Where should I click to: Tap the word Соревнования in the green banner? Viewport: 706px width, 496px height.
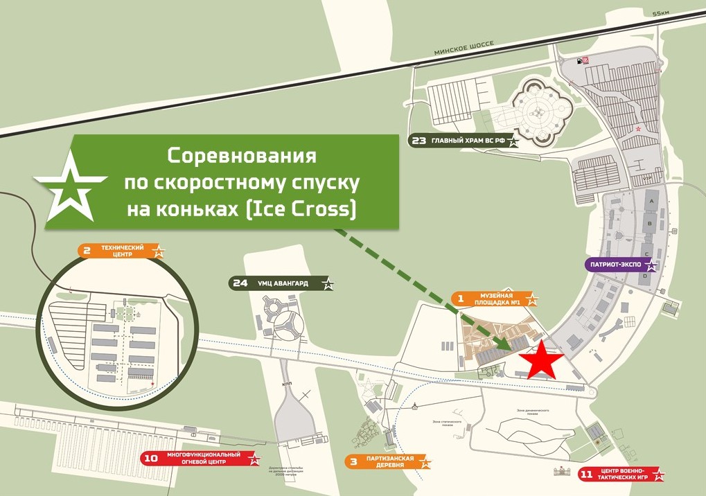pyautogui.click(x=242, y=155)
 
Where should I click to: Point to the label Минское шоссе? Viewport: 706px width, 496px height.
pyautogui.click(x=464, y=46)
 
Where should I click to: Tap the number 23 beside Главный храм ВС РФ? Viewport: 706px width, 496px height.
pyautogui.click(x=418, y=141)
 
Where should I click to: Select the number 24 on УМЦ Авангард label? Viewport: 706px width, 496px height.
pyautogui.click(x=240, y=283)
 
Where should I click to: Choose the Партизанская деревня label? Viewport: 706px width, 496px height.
pyautogui.click(x=388, y=462)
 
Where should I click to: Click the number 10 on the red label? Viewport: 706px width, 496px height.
pyautogui.click(x=151, y=458)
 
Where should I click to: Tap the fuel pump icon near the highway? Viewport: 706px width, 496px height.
pyautogui.click(x=576, y=61)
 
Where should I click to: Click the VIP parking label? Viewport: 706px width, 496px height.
pyautogui.click(x=648, y=178)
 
